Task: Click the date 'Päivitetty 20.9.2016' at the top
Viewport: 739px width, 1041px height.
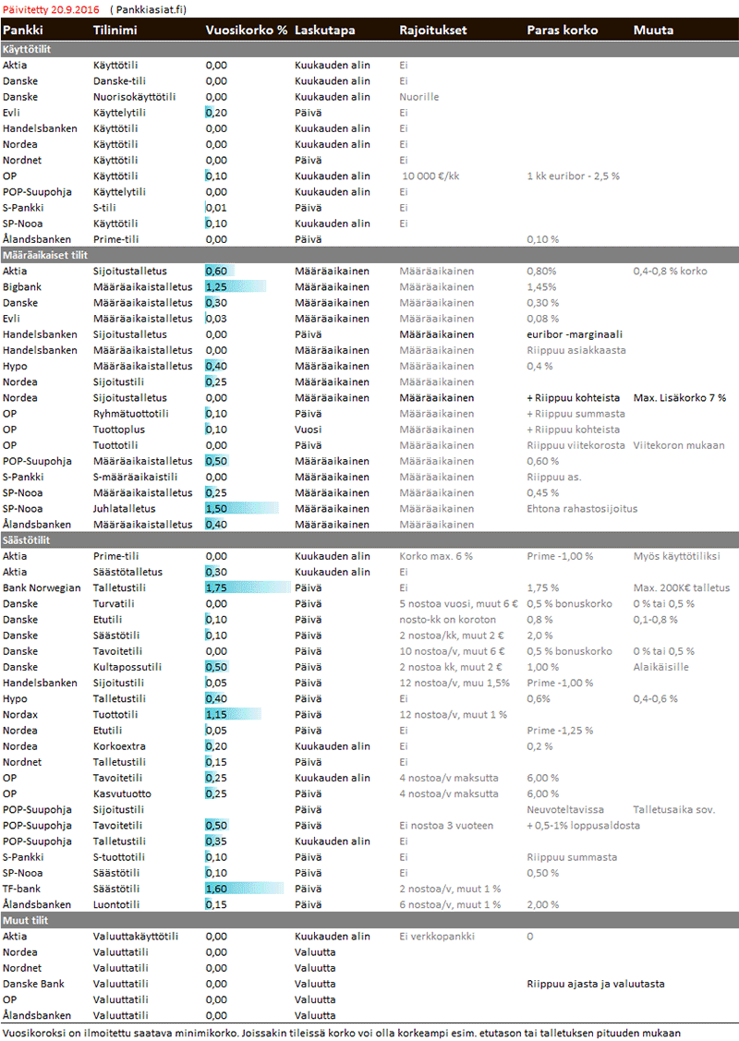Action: coord(51,9)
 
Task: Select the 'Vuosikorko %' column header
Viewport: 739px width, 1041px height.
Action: coord(246,30)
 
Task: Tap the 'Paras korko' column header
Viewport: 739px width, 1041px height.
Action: coord(562,30)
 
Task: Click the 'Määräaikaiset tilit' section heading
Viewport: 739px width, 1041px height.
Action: coord(46,254)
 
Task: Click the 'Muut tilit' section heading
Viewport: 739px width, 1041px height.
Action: coord(28,920)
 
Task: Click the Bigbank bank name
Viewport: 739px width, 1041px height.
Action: coord(22,286)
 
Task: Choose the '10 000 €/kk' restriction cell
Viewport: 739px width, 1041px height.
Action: coord(430,176)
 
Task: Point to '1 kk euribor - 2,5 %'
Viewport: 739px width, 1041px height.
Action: coord(573,176)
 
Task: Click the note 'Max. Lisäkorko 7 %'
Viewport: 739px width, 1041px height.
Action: coord(679,397)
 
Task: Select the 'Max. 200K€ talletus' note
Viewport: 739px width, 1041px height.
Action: coord(681,587)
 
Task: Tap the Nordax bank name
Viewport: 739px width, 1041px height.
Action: coord(20,714)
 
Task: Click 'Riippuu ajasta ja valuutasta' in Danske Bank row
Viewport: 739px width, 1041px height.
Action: coord(595,984)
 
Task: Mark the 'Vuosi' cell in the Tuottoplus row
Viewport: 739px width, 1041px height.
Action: coord(309,430)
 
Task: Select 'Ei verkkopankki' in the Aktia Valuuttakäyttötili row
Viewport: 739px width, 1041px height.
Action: coord(437,936)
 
